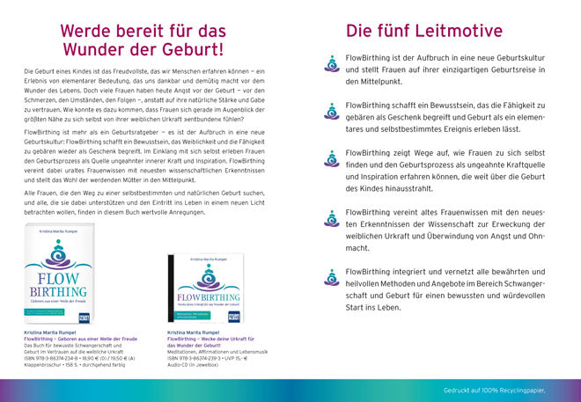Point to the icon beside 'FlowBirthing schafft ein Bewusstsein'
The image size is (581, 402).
(331, 109)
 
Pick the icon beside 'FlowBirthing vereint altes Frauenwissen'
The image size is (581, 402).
(331, 217)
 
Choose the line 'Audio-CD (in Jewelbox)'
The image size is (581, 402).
(194, 365)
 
